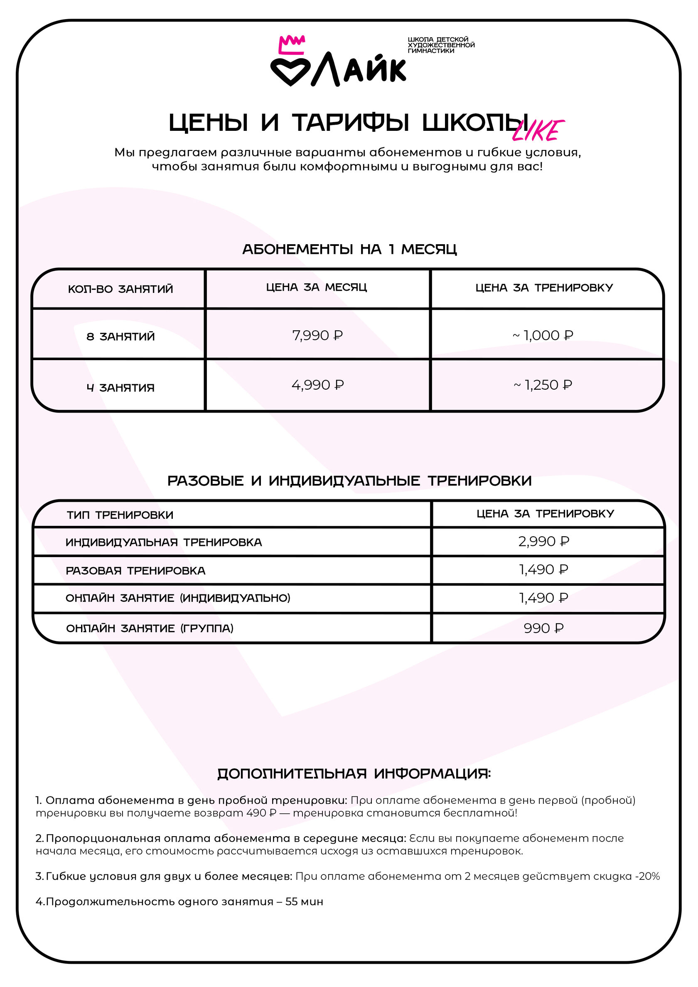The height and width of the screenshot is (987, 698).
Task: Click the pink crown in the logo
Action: click(x=292, y=45)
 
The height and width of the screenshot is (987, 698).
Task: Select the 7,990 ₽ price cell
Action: click(x=317, y=335)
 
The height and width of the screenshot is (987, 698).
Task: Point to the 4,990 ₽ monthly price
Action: click(x=317, y=385)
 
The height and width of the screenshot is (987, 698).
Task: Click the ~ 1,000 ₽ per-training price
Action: click(x=543, y=335)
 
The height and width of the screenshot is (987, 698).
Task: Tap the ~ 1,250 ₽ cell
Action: click(x=543, y=385)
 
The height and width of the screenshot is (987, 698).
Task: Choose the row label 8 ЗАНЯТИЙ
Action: click(x=120, y=336)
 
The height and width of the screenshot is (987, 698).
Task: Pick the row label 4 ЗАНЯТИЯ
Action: click(x=120, y=388)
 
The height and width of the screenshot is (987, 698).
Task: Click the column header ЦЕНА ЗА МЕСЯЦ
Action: click(x=317, y=287)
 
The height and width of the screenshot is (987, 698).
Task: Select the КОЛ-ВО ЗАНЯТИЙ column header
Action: click(x=120, y=289)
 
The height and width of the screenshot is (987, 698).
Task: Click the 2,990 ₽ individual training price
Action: click(x=543, y=541)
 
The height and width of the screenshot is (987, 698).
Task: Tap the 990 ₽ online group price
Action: click(x=543, y=628)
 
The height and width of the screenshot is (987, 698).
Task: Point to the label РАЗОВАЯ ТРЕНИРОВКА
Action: click(x=135, y=570)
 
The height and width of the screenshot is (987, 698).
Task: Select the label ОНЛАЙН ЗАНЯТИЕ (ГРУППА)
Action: click(x=150, y=628)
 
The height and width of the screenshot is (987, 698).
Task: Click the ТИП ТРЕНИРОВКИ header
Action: click(x=120, y=515)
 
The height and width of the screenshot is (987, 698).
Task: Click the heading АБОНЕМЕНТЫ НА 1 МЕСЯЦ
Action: click(x=349, y=249)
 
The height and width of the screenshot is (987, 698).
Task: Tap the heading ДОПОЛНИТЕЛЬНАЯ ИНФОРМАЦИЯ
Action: click(x=354, y=774)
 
